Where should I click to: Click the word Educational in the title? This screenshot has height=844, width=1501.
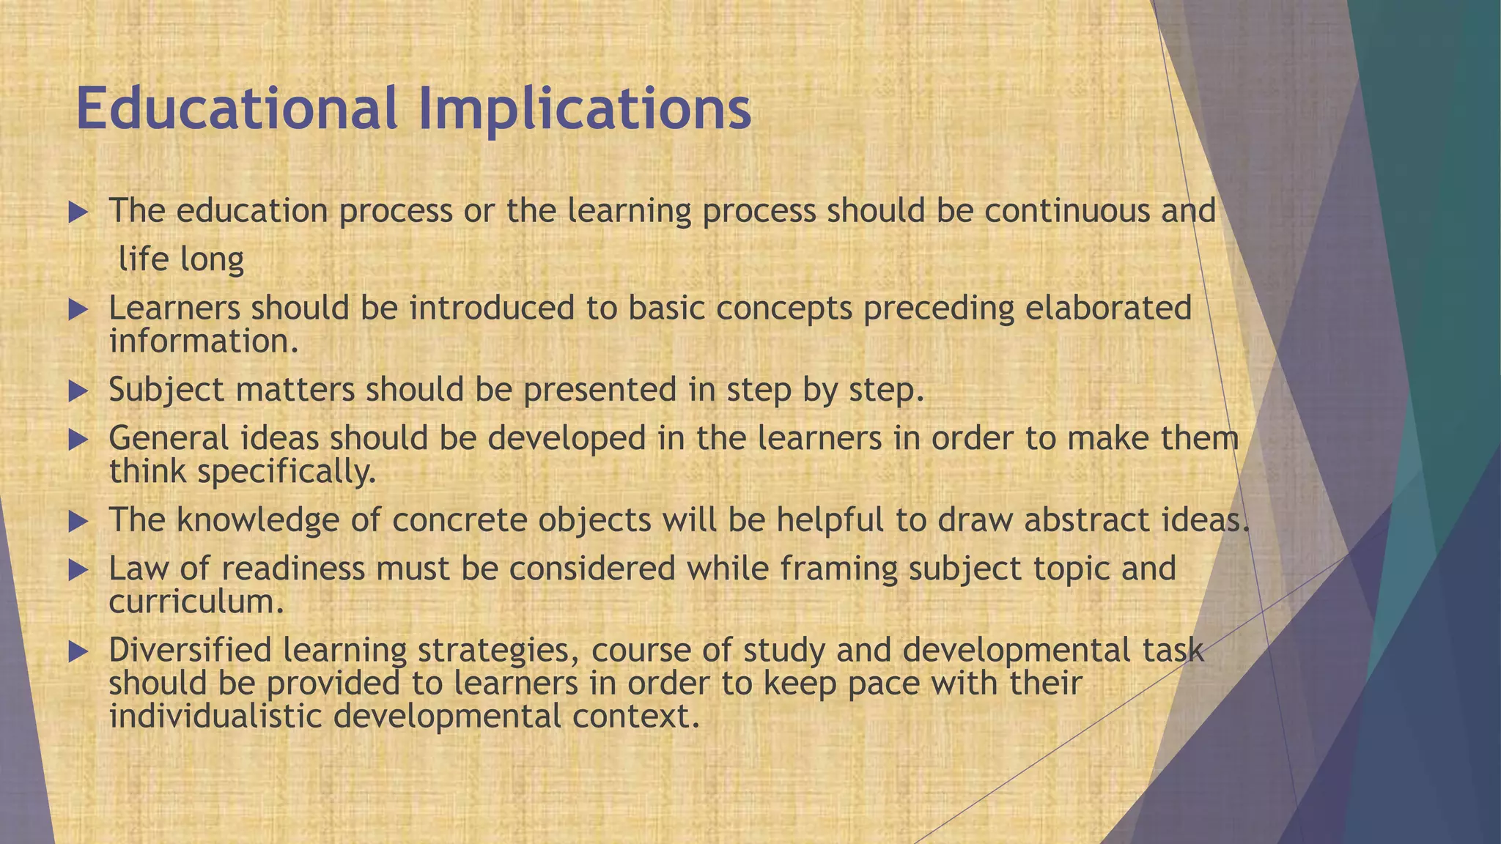click(x=236, y=108)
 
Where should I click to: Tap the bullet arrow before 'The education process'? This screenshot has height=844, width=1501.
click(x=78, y=213)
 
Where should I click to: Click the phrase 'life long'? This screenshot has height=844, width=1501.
click(x=181, y=259)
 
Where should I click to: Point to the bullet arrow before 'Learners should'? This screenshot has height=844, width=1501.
click(x=78, y=310)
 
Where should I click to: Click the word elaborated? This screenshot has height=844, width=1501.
click(x=1107, y=308)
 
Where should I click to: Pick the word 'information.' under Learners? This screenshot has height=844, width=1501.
click(x=204, y=341)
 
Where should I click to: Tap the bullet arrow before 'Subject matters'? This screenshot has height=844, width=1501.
click(x=78, y=391)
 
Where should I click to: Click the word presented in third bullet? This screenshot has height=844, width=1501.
click(x=600, y=390)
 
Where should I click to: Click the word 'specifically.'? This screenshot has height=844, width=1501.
click(x=286, y=472)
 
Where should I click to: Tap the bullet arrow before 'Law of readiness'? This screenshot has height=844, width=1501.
click(x=78, y=571)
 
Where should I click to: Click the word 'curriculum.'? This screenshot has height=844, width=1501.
click(x=196, y=602)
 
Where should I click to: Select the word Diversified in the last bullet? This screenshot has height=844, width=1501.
click(x=190, y=651)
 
